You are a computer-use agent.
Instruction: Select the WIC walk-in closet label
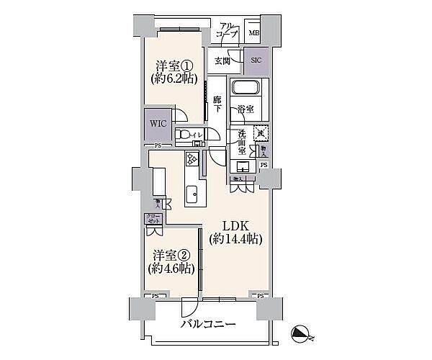(158, 123)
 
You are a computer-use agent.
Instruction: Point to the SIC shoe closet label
(256, 60)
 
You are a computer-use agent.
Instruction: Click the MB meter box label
(253, 32)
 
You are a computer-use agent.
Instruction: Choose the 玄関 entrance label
(222, 60)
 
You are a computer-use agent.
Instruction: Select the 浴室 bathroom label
(247, 110)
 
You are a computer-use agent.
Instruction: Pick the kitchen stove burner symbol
(192, 160)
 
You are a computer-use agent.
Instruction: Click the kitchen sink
(193, 193)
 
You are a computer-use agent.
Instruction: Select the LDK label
(235, 223)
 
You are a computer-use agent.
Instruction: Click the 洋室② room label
(171, 254)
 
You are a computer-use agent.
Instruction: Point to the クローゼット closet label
(152, 217)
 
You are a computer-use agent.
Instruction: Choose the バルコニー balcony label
(208, 325)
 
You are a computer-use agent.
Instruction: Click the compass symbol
(303, 333)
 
